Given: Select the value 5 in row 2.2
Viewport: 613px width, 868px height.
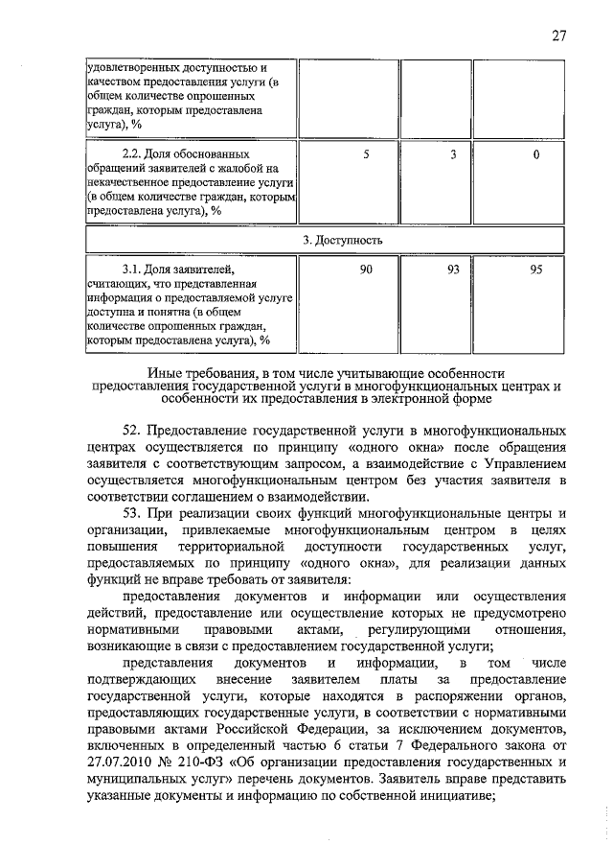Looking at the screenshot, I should [366, 154].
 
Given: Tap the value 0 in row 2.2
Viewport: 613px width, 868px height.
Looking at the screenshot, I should [536, 154].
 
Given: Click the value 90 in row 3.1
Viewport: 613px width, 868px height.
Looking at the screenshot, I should [366, 271].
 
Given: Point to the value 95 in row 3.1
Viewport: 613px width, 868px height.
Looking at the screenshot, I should [536, 271].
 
